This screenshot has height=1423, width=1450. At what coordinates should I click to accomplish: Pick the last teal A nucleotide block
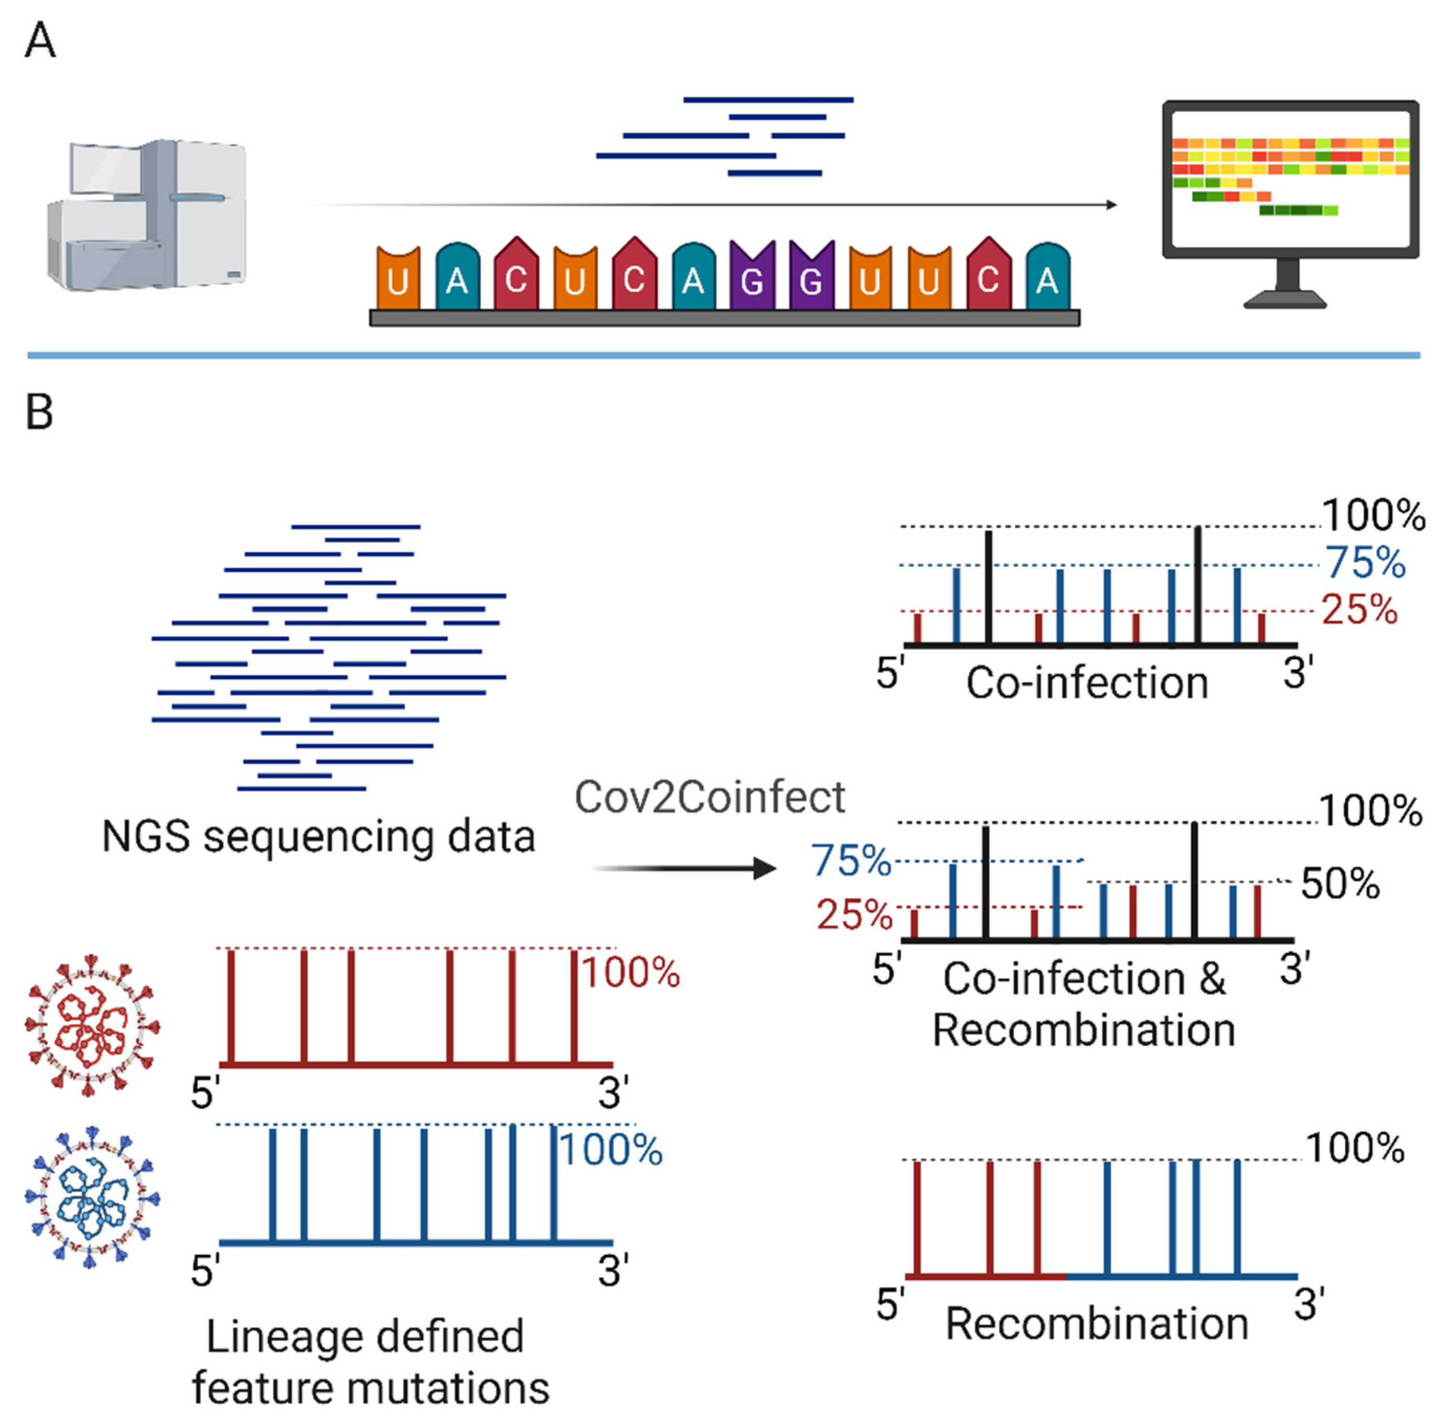click(x=1047, y=277)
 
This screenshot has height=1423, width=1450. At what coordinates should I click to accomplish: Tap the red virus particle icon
click(x=91, y=1025)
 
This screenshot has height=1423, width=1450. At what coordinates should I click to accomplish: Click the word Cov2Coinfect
click(x=709, y=797)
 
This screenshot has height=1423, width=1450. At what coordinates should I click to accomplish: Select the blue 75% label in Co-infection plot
click(x=1365, y=562)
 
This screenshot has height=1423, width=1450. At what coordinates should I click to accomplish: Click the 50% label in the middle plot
click(x=1339, y=884)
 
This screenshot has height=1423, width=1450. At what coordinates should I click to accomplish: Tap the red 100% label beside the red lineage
click(x=631, y=973)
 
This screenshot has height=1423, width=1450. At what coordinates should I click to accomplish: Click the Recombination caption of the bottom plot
click(x=1096, y=1325)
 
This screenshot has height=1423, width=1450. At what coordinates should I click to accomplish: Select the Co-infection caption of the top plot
click(x=1087, y=683)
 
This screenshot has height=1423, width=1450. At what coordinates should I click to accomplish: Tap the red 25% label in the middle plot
click(x=853, y=915)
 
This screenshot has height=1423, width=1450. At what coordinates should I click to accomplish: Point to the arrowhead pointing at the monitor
click(x=1112, y=205)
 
